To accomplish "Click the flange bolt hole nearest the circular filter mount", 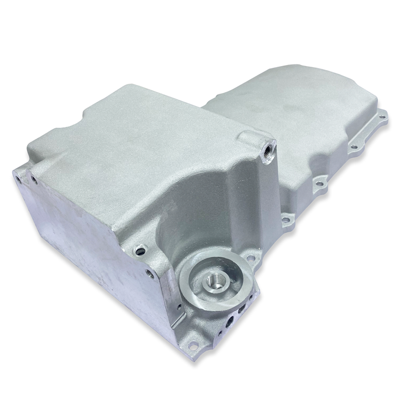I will pos(251,258).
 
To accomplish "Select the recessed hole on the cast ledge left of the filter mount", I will pos(139,251).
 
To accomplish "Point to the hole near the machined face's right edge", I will pos(148,273).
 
